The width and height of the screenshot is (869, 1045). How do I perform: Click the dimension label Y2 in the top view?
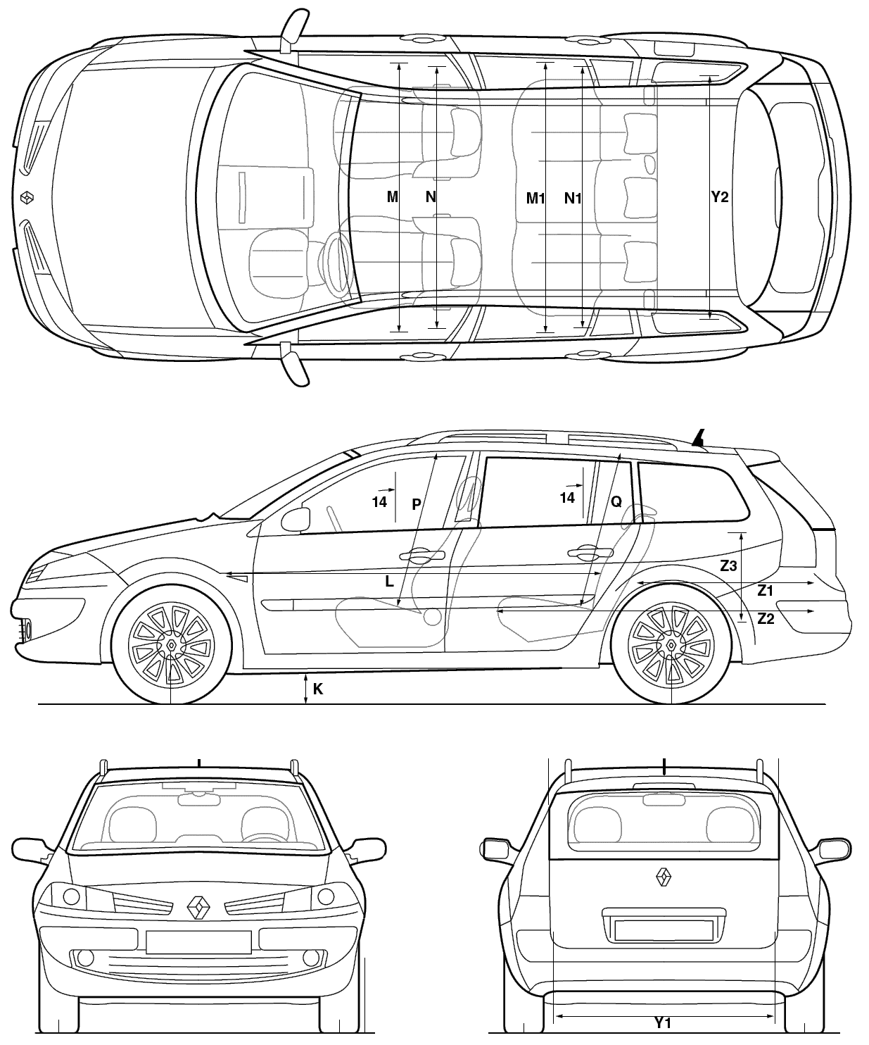720,197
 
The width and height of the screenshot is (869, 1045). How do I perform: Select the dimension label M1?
535,199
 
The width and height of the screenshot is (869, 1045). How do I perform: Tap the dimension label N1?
573,199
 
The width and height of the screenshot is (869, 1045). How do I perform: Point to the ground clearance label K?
318,689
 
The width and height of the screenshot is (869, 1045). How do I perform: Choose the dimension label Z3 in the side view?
728,566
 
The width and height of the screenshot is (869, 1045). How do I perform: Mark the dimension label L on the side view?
390,582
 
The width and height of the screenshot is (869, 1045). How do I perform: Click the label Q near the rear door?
616,501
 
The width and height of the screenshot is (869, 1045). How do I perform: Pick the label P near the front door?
417,504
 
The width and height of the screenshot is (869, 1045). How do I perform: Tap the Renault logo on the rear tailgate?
664,876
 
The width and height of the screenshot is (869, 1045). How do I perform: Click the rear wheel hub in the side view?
671,645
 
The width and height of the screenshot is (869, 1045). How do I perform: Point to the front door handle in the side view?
422,554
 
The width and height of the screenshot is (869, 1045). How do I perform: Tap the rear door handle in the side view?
590,552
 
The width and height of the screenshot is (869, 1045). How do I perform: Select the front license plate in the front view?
198,942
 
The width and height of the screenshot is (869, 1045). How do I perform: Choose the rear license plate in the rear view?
664,930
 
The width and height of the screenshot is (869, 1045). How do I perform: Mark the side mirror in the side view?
296,520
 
